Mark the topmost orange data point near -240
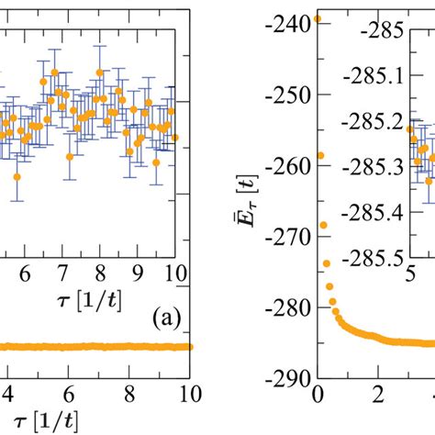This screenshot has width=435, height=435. click(x=318, y=17)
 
